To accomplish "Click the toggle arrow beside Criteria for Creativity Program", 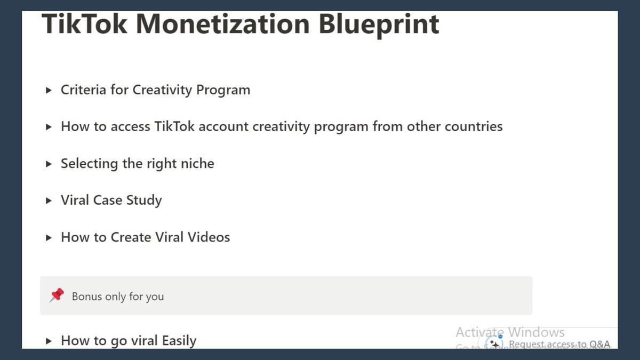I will pyautogui.click(x=49, y=90).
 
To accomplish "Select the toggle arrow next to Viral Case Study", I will pyautogui.click(x=49, y=201).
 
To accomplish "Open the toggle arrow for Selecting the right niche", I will pyautogui.click(x=49, y=164).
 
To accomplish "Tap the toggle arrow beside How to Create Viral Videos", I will pyautogui.click(x=49, y=237).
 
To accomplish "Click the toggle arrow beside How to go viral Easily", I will pyautogui.click(x=49, y=341).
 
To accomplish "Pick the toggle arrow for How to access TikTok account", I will pyautogui.click(x=49, y=127).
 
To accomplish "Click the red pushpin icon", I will pyautogui.click(x=57, y=295).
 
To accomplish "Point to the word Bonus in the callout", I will pyautogui.click(x=87, y=297).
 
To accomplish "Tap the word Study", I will pyautogui.click(x=144, y=201).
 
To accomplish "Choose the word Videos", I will pyautogui.click(x=209, y=237).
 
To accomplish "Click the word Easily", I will pyautogui.click(x=179, y=341).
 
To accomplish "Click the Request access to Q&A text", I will pyautogui.click(x=559, y=345).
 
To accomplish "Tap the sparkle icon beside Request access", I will pyautogui.click(x=495, y=344).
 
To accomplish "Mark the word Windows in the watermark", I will pyautogui.click(x=536, y=333).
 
